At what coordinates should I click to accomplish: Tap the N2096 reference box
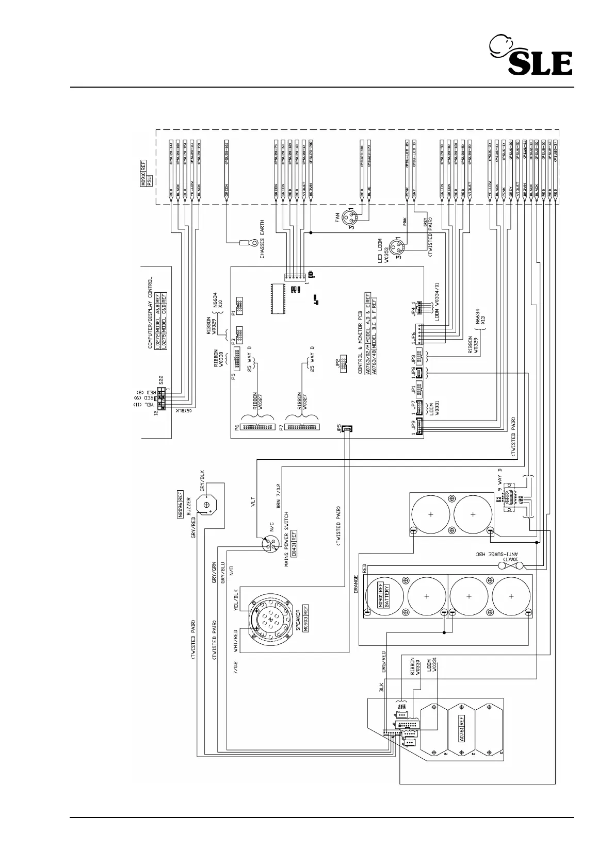pyautogui.click(x=181, y=505)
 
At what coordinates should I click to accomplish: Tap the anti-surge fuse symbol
pyautogui.click(x=511, y=566)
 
